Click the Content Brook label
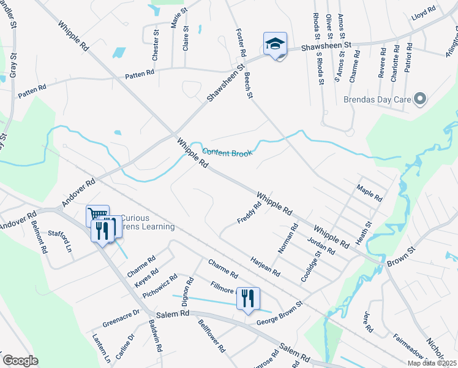click(x=227, y=153)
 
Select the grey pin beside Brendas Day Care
click(x=420, y=98)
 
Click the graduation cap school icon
click(x=275, y=44)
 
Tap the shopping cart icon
click(x=97, y=215)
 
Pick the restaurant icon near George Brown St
click(x=248, y=299)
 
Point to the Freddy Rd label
click(x=249, y=212)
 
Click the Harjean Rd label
click(x=265, y=267)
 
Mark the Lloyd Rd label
click(x=423, y=10)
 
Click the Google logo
click(x=21, y=360)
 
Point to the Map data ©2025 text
click(x=432, y=363)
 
